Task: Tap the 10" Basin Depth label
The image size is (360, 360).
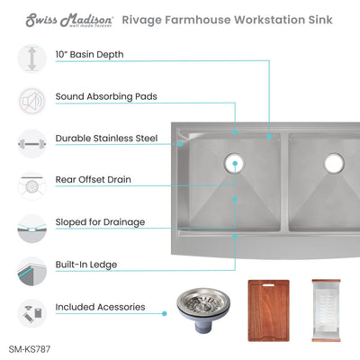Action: (89, 55)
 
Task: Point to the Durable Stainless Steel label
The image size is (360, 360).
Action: (106, 139)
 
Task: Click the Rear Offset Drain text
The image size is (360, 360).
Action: (94, 180)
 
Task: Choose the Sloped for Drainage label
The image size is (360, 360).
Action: (100, 221)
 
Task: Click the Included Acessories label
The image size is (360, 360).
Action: (100, 307)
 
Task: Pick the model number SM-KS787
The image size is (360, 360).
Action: (36, 345)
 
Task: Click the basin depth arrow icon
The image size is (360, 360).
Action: (31, 59)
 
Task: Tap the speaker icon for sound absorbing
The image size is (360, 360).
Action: (31, 99)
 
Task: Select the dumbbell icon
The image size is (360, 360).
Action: (31, 141)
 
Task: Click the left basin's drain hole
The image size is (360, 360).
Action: (236, 163)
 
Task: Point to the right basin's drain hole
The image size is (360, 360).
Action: (334, 163)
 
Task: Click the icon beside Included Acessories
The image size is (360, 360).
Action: (31, 310)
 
